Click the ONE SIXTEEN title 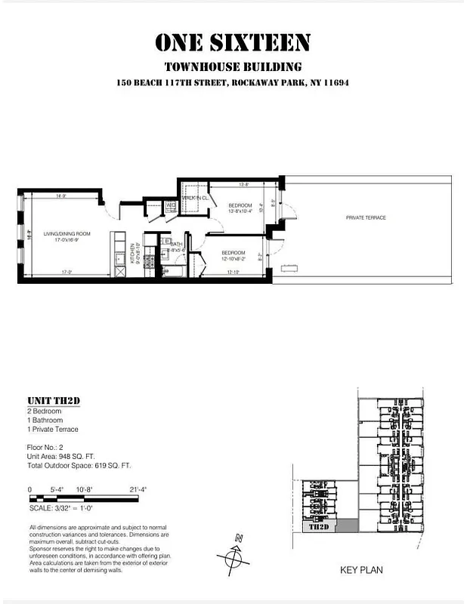[x=233, y=43]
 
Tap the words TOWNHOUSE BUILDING [x=233, y=66]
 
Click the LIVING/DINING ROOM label [x=66, y=234]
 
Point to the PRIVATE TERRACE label [x=366, y=217]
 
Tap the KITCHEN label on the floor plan [x=131, y=253]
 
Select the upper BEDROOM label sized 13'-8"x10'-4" [x=240, y=205]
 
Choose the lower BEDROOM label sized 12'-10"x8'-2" [x=232, y=252]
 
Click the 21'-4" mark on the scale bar [x=137, y=490]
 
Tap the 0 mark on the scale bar [x=30, y=490]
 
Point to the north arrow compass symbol [x=232, y=558]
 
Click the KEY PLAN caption [x=362, y=570]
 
